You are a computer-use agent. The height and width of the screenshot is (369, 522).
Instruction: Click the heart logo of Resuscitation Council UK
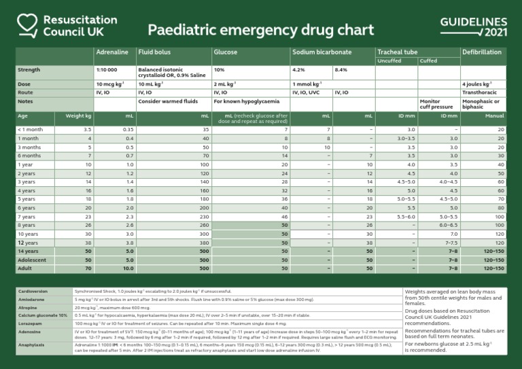[x=24, y=26]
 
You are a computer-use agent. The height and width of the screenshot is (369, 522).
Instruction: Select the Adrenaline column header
[x=111, y=52]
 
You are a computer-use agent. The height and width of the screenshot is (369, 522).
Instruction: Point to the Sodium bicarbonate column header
[x=321, y=52]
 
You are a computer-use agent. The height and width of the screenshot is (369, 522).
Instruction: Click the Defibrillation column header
[x=481, y=52]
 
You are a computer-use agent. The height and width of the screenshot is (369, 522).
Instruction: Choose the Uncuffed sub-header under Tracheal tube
[x=389, y=61]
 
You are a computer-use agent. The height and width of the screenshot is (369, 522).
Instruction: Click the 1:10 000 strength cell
[x=107, y=70]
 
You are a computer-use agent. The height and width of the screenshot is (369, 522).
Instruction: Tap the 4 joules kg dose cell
[x=476, y=84]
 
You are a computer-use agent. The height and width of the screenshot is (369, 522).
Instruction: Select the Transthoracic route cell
[x=478, y=92]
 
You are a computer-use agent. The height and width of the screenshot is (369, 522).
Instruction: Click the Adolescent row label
[x=32, y=260]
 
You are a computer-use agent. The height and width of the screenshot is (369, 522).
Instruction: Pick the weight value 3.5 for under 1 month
[x=87, y=129]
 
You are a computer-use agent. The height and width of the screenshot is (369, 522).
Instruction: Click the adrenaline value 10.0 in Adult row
[x=128, y=268]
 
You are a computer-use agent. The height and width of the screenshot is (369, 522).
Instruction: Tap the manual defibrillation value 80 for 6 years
[x=500, y=207]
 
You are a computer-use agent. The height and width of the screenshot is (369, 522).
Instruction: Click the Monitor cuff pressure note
[x=436, y=104]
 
